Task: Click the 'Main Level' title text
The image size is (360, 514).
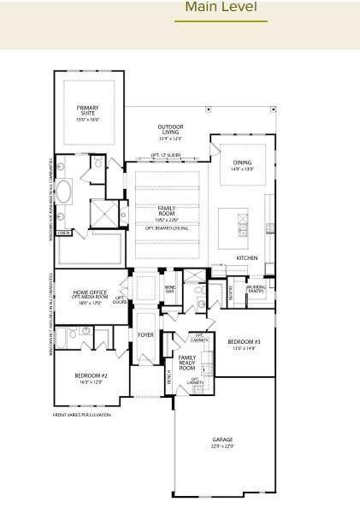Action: point(221,8)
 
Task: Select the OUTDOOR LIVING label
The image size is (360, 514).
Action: point(169,130)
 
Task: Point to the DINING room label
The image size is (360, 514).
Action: point(243,165)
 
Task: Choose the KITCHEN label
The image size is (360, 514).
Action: point(246,257)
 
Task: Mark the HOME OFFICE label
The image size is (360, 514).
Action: point(89,292)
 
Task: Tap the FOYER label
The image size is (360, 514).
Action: point(146,335)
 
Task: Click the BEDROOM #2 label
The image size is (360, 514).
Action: point(90,377)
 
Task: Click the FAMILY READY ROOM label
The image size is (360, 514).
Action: point(186,362)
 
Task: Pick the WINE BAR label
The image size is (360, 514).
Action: point(169,289)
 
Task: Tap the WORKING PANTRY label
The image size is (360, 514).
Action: point(257,289)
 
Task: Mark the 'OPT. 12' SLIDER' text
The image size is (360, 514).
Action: point(165,155)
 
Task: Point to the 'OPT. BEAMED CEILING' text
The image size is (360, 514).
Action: point(167,228)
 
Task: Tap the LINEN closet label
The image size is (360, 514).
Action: point(63,232)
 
